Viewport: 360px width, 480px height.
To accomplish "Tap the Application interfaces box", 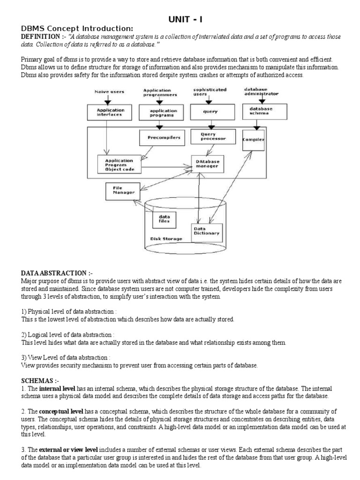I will (108, 112).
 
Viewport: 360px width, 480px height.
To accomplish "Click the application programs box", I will (160, 112).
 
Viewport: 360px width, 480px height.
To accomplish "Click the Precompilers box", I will (160, 137).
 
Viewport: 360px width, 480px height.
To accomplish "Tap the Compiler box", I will (253, 139).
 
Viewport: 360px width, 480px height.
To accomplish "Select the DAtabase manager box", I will (206, 164).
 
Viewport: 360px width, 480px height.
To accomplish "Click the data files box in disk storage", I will (164, 219).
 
